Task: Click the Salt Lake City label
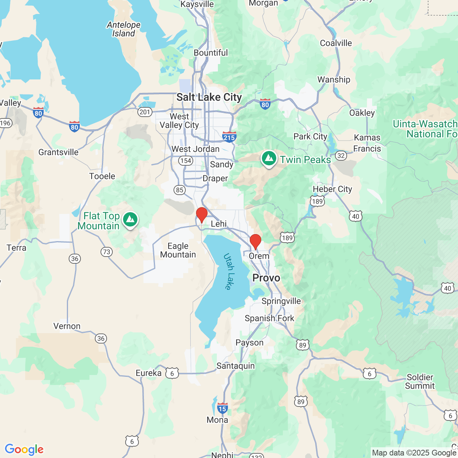(209, 97)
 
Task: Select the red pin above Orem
(255, 242)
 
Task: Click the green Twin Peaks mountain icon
(269, 159)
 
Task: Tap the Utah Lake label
(229, 271)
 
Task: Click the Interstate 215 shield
(229, 137)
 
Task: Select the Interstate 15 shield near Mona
(222, 408)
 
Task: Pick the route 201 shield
(145, 112)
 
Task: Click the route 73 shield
(107, 252)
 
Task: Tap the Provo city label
(266, 278)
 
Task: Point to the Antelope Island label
(123, 29)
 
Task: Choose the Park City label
(310, 137)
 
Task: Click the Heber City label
(332, 189)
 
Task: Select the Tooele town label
(102, 176)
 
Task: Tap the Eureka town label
(148, 373)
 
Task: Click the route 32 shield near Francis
(341, 156)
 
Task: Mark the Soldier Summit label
(420, 381)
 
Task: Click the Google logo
(24, 449)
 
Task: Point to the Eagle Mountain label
(178, 250)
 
